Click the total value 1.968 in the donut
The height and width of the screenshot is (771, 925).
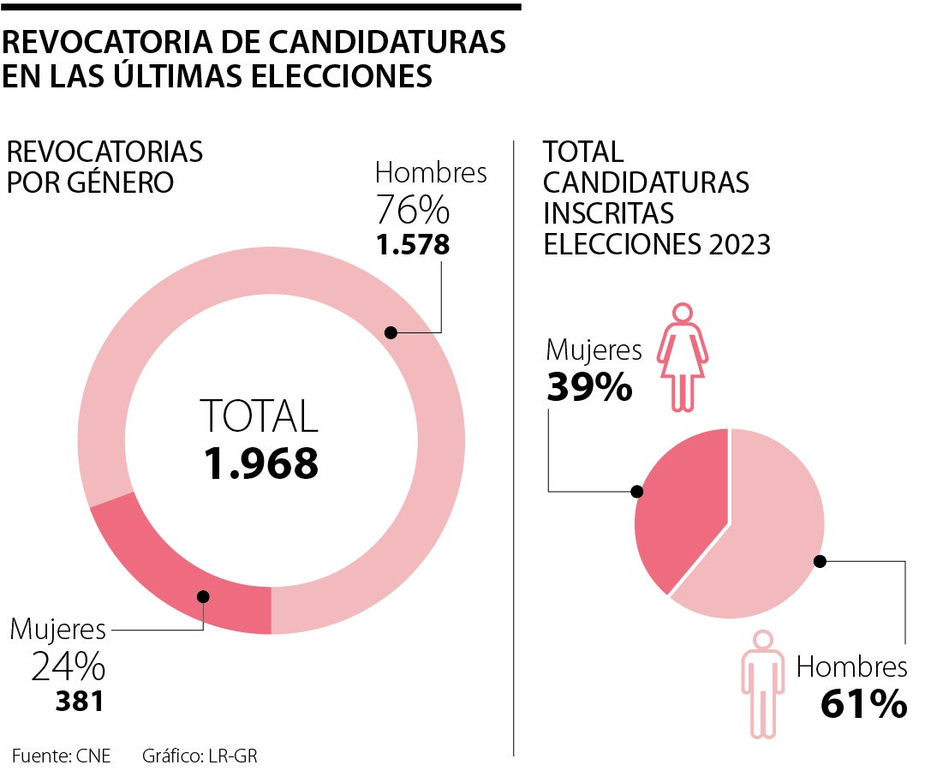[x=261, y=463]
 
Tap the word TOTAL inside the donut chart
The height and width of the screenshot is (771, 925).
[x=260, y=416]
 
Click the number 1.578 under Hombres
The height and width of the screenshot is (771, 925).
[x=413, y=245]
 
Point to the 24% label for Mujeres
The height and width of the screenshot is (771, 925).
[x=69, y=666]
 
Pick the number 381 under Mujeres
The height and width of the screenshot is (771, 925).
[x=80, y=702]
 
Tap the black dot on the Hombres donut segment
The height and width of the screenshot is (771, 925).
[x=391, y=332]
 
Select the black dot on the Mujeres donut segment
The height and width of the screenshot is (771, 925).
[x=203, y=597]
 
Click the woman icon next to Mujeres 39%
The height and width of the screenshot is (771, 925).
[x=682, y=356]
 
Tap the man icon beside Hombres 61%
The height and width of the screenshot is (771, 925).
[x=761, y=684]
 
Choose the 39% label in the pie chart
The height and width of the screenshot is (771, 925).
[x=589, y=388]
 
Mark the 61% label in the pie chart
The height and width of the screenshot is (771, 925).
[x=863, y=704]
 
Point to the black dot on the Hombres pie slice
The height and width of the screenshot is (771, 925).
[x=820, y=561]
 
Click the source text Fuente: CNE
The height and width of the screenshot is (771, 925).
[x=61, y=756]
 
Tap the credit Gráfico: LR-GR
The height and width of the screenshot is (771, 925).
[x=200, y=756]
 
